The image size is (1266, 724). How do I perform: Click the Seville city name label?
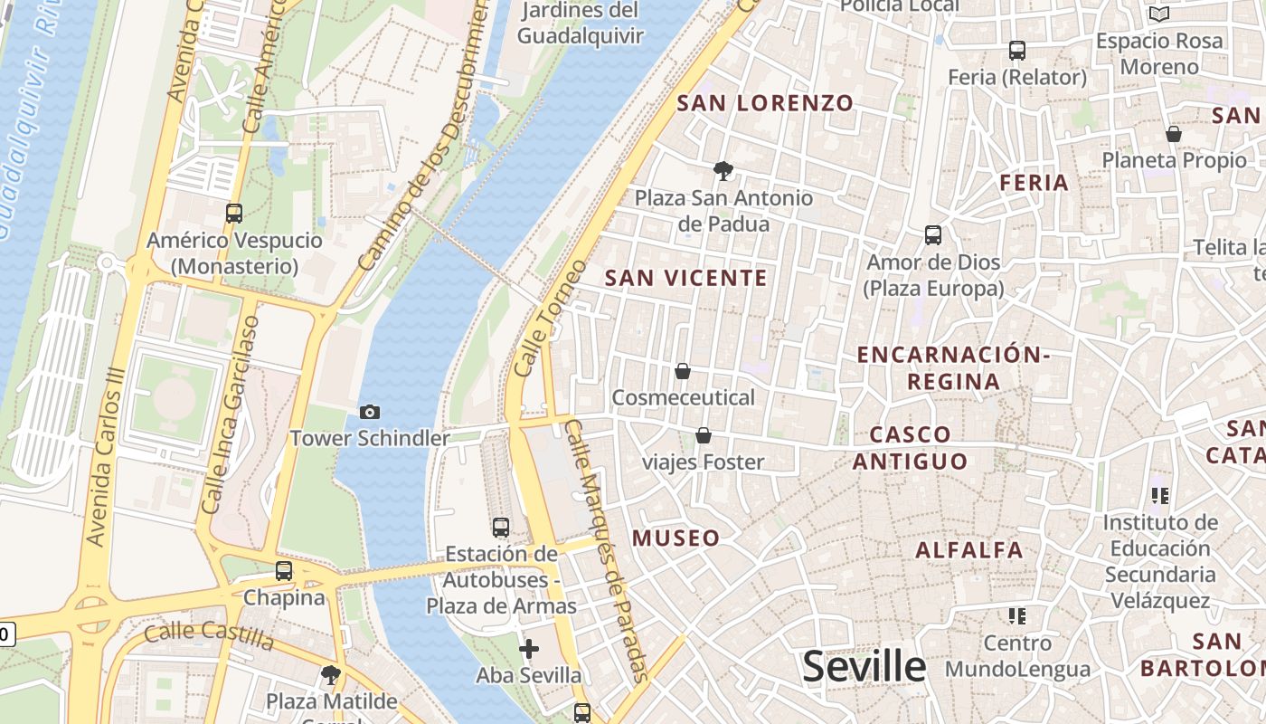pyautogui.click(x=864, y=667)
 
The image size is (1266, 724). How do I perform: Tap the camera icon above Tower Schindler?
pyautogui.click(x=370, y=413)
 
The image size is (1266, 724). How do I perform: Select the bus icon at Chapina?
pyautogui.click(x=284, y=571)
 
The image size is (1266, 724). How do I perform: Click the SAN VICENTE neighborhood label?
pyautogui.click(x=685, y=278)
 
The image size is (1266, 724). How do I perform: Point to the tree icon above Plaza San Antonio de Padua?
pyautogui.click(x=723, y=170)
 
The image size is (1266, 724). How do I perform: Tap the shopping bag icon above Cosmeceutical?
pyautogui.click(x=683, y=371)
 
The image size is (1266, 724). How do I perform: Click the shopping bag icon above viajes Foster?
pyautogui.click(x=704, y=436)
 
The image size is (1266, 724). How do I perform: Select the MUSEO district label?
pyautogui.click(x=676, y=538)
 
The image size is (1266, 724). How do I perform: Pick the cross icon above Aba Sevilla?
pyautogui.click(x=529, y=649)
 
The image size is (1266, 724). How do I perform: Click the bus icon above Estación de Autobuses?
pyautogui.click(x=500, y=527)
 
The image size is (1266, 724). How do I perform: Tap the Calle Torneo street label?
pyautogui.click(x=550, y=319)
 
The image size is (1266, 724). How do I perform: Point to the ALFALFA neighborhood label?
pyautogui.click(x=969, y=550)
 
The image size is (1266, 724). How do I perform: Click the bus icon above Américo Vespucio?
pyautogui.click(x=234, y=214)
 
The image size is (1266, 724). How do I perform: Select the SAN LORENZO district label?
pyautogui.click(x=765, y=103)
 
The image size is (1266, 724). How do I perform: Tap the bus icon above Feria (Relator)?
pyautogui.click(x=1017, y=51)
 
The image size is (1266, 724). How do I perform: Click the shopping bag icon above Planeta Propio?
pyautogui.click(x=1174, y=134)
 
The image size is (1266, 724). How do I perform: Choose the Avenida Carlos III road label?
pyautogui.click(x=107, y=456)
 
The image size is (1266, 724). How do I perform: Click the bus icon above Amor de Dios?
pyautogui.click(x=933, y=235)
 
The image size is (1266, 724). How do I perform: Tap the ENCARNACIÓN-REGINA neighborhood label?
pyautogui.click(x=953, y=367)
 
